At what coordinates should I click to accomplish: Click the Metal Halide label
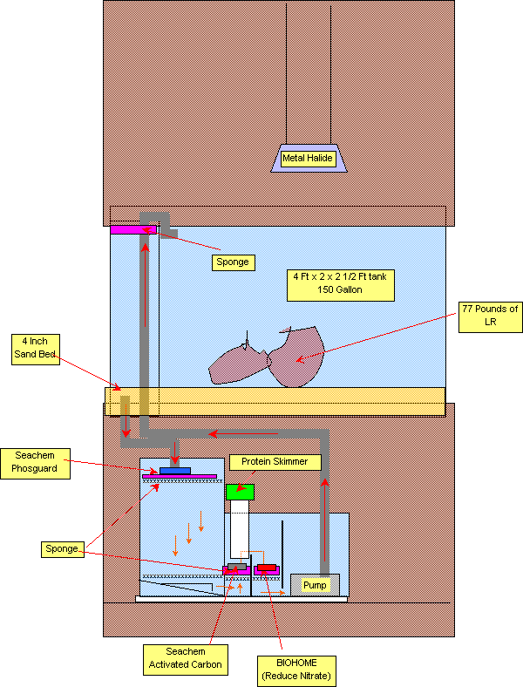(309, 159)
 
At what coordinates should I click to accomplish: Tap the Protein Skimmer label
(275, 461)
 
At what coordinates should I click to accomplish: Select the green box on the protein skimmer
(240, 492)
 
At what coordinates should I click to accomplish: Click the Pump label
(315, 585)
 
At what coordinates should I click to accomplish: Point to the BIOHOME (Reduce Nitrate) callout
(296, 670)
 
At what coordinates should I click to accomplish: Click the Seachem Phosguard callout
(35, 463)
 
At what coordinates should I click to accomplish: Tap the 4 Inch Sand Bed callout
(36, 349)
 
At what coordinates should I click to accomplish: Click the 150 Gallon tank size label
(344, 282)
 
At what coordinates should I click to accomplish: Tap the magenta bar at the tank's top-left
(132, 229)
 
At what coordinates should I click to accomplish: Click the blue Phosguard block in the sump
(175, 471)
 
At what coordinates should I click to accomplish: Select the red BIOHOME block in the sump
(266, 568)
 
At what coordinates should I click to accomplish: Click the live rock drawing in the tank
(266, 357)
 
